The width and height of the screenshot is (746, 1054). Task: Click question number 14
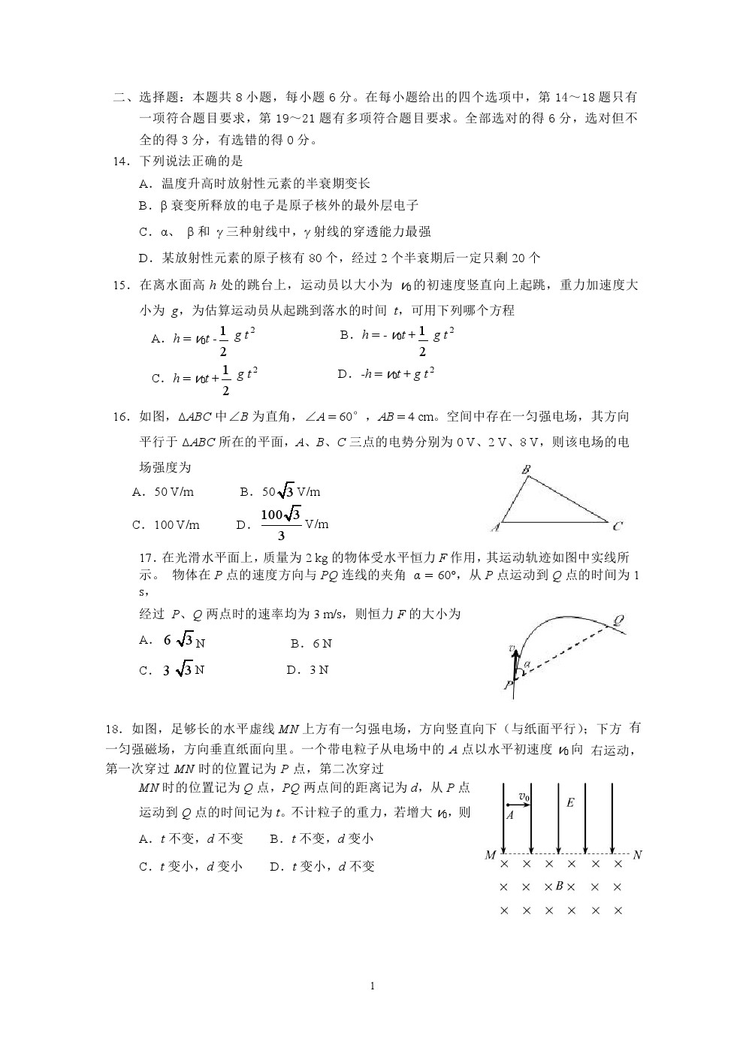pyautogui.click(x=120, y=161)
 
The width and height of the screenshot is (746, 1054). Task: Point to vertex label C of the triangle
pyautogui.click(x=618, y=526)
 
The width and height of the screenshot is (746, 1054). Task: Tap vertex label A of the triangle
pyautogui.click(x=496, y=527)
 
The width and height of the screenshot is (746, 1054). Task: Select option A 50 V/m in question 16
pyautogui.click(x=163, y=492)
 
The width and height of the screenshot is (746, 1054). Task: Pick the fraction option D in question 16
pyautogui.click(x=282, y=524)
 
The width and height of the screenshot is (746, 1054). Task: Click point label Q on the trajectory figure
pyautogui.click(x=619, y=621)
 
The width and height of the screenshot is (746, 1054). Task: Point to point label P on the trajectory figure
pyautogui.click(x=509, y=685)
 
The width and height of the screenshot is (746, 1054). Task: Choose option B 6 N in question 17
pyautogui.click(x=311, y=644)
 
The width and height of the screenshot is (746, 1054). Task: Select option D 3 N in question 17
pyautogui.click(x=307, y=670)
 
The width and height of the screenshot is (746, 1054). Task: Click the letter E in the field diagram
pyautogui.click(x=570, y=803)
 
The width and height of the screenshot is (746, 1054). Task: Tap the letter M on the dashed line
pyautogui.click(x=491, y=855)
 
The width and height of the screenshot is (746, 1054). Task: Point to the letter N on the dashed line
pyautogui.click(x=637, y=855)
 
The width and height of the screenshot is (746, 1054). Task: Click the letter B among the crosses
pyautogui.click(x=559, y=886)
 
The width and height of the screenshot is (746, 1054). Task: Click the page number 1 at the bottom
pyautogui.click(x=373, y=986)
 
